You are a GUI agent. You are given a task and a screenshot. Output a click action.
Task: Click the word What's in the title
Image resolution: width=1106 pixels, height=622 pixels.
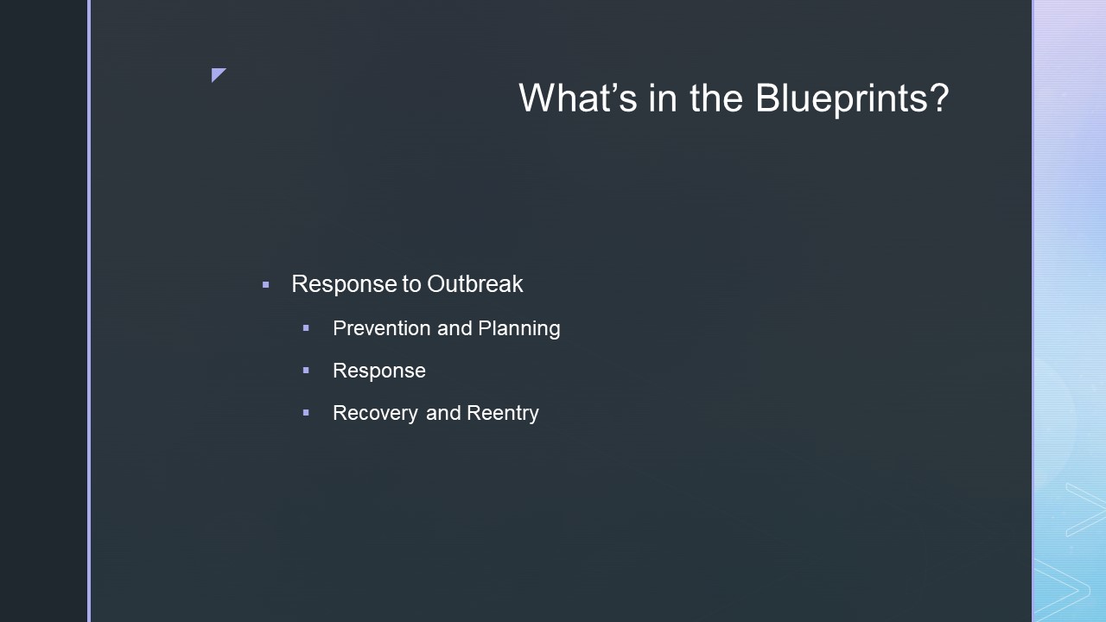pos(578,98)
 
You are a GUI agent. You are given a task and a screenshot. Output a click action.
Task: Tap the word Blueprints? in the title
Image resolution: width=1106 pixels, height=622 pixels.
pos(852,98)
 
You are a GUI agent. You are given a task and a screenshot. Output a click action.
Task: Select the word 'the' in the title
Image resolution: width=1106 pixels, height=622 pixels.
pos(716,98)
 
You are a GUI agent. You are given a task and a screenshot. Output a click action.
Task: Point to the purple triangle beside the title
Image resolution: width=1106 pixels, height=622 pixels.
pos(217,73)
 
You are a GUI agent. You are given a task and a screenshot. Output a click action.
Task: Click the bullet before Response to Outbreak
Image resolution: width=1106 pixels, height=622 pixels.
pos(265,285)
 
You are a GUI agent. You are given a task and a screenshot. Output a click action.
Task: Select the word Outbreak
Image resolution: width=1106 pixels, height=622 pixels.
pos(474,284)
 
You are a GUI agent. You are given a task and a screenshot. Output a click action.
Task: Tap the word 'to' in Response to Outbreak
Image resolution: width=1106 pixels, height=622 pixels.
pos(411,285)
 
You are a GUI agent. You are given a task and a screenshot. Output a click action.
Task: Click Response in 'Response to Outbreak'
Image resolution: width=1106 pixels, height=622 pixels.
pos(344,285)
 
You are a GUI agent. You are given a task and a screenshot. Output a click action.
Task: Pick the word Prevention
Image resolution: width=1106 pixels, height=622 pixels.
pos(382,328)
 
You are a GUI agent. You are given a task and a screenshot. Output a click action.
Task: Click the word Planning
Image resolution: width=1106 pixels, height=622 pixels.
pos(519,329)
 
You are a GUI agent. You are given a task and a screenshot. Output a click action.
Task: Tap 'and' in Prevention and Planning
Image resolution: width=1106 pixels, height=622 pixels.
pos(454,328)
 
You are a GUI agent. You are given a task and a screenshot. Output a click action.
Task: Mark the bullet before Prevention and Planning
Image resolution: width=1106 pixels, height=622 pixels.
pos(306,327)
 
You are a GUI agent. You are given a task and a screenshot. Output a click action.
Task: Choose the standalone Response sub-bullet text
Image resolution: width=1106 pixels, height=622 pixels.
pos(379,371)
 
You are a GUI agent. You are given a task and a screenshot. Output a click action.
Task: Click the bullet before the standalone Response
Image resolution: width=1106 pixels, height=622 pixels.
pos(306,371)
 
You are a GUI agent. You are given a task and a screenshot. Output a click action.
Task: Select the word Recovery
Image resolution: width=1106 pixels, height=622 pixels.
pos(376,414)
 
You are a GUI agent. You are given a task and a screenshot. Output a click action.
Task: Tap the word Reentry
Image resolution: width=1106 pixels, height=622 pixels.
pos(503,414)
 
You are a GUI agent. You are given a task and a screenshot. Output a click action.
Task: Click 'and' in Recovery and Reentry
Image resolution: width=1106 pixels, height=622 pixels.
pos(443,413)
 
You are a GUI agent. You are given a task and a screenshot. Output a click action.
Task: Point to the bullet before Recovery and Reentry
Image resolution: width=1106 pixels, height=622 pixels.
pos(306,413)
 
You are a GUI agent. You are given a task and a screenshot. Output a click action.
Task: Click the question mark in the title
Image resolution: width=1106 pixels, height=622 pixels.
pos(940,98)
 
